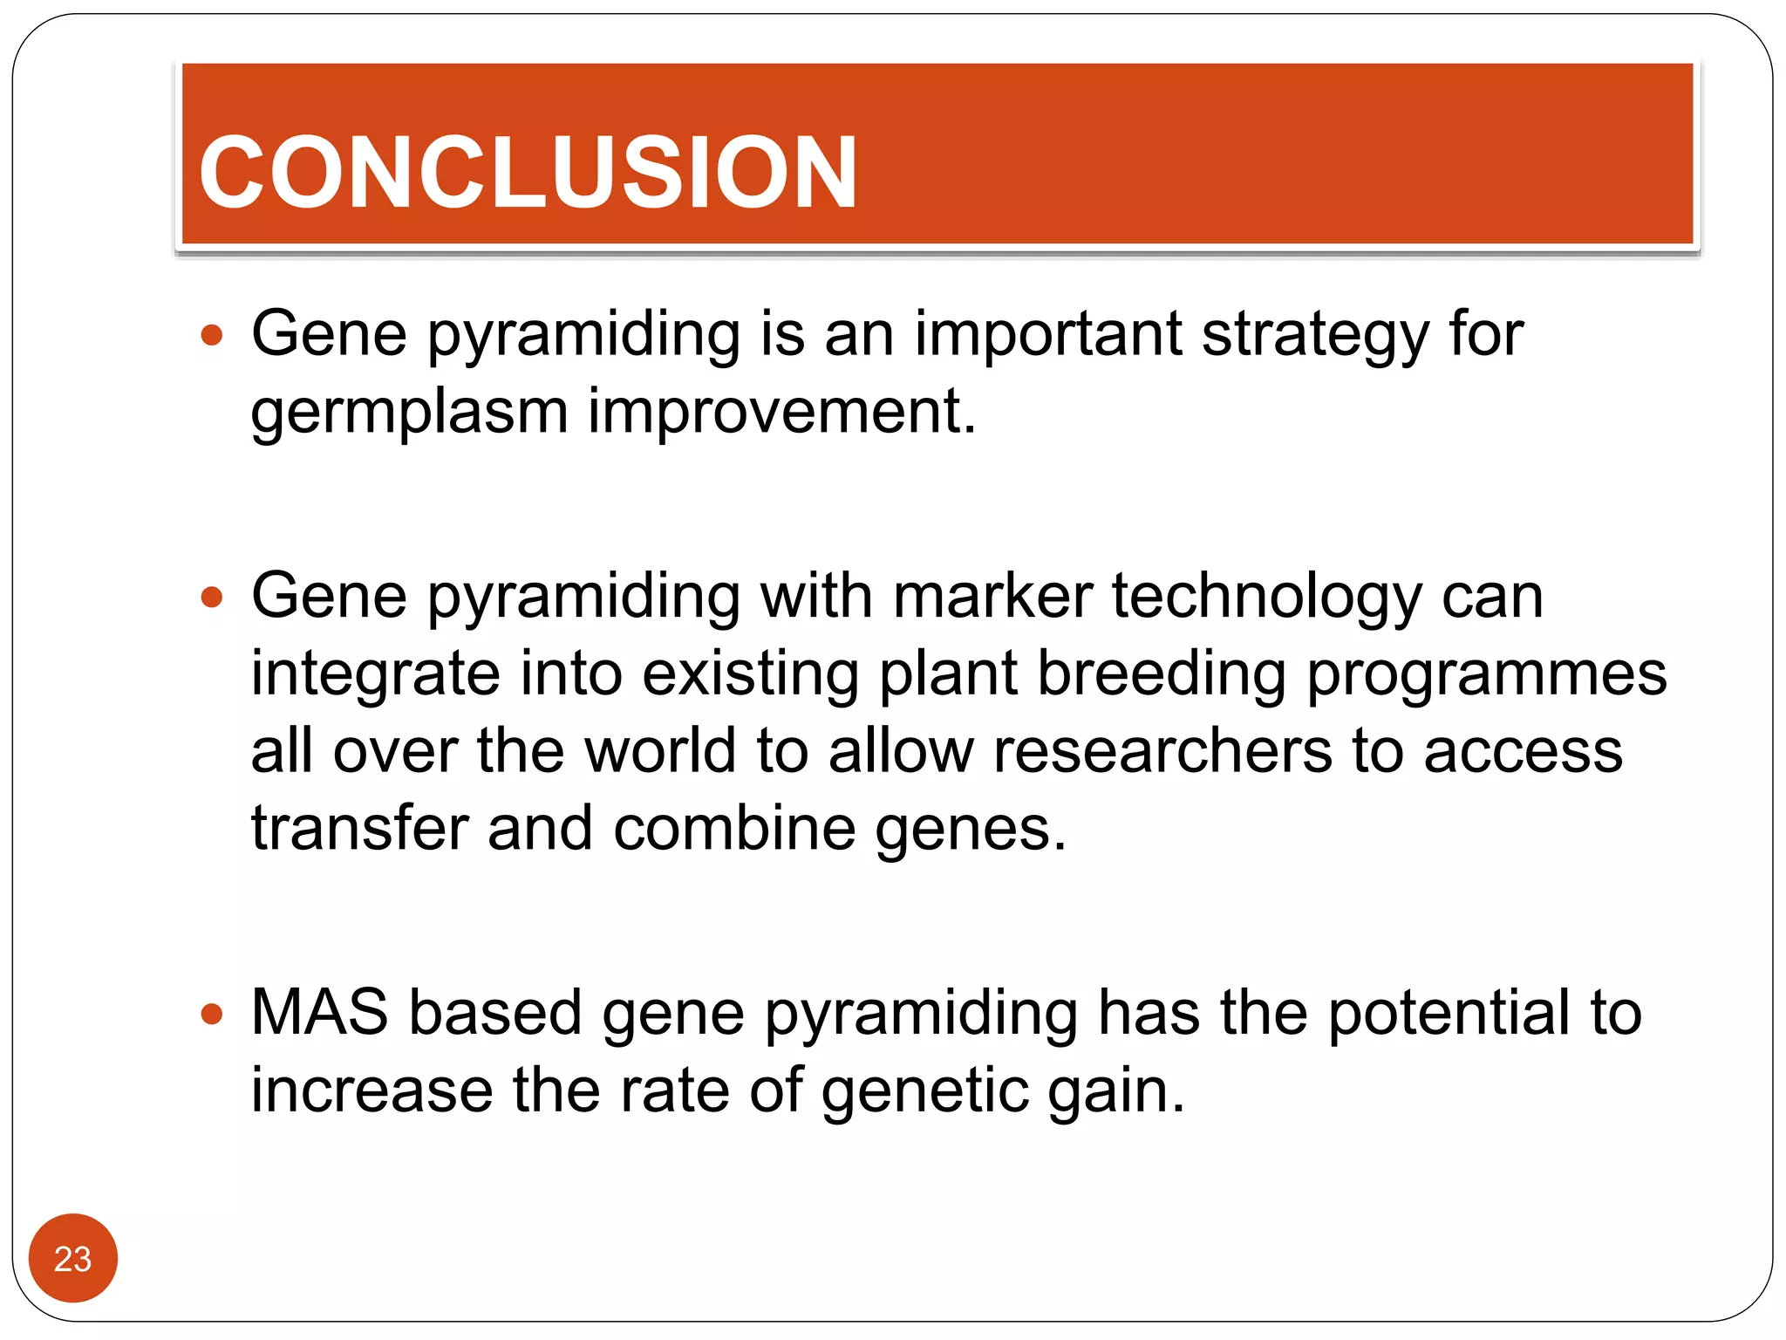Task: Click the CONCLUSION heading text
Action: click(528, 173)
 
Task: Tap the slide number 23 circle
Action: click(72, 1258)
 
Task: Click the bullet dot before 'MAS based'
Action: click(212, 1014)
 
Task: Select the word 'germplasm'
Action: click(409, 413)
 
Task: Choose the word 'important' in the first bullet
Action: click(1047, 336)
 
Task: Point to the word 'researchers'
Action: click(1162, 751)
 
